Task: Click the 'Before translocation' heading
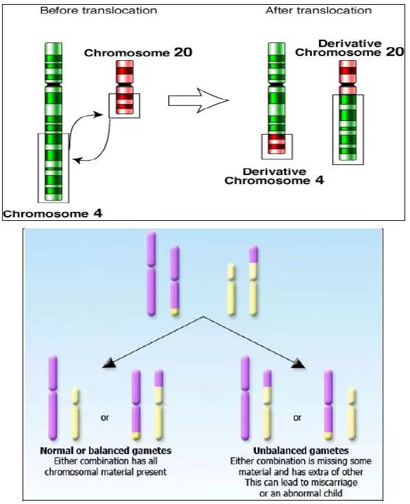[99, 10]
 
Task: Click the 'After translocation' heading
[318, 10]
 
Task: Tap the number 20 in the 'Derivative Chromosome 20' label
[395, 52]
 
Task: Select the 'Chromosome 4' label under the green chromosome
[53, 214]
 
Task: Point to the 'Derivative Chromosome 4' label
[274, 176]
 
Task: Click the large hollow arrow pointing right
[198, 101]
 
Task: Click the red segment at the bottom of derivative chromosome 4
[277, 144]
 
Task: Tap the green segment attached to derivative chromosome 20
[348, 127]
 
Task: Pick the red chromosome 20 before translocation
[124, 87]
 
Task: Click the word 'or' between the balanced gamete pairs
[105, 418]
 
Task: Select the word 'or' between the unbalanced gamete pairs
[297, 418]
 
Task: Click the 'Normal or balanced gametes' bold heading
[105, 451]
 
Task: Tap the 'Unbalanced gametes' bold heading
[301, 451]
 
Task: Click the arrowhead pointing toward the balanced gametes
[109, 364]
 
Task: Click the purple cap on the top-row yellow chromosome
[253, 254]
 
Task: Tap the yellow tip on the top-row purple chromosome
[175, 312]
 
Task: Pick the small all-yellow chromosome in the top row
[231, 289]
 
